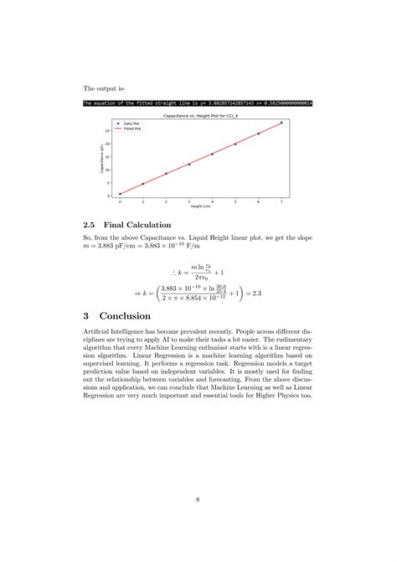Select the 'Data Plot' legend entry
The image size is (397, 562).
pyautogui.click(x=131, y=122)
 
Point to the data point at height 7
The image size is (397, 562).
pyautogui.click(x=281, y=122)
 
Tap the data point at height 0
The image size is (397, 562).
pyautogui.click(x=120, y=194)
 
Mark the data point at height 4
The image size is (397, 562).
pyautogui.click(x=212, y=154)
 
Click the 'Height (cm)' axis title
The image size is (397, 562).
pyautogui.click(x=200, y=207)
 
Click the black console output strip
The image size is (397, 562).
pyautogui.click(x=198, y=102)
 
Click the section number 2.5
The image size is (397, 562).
pyautogui.click(x=91, y=225)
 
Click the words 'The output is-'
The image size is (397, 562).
pyautogui.click(x=104, y=87)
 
